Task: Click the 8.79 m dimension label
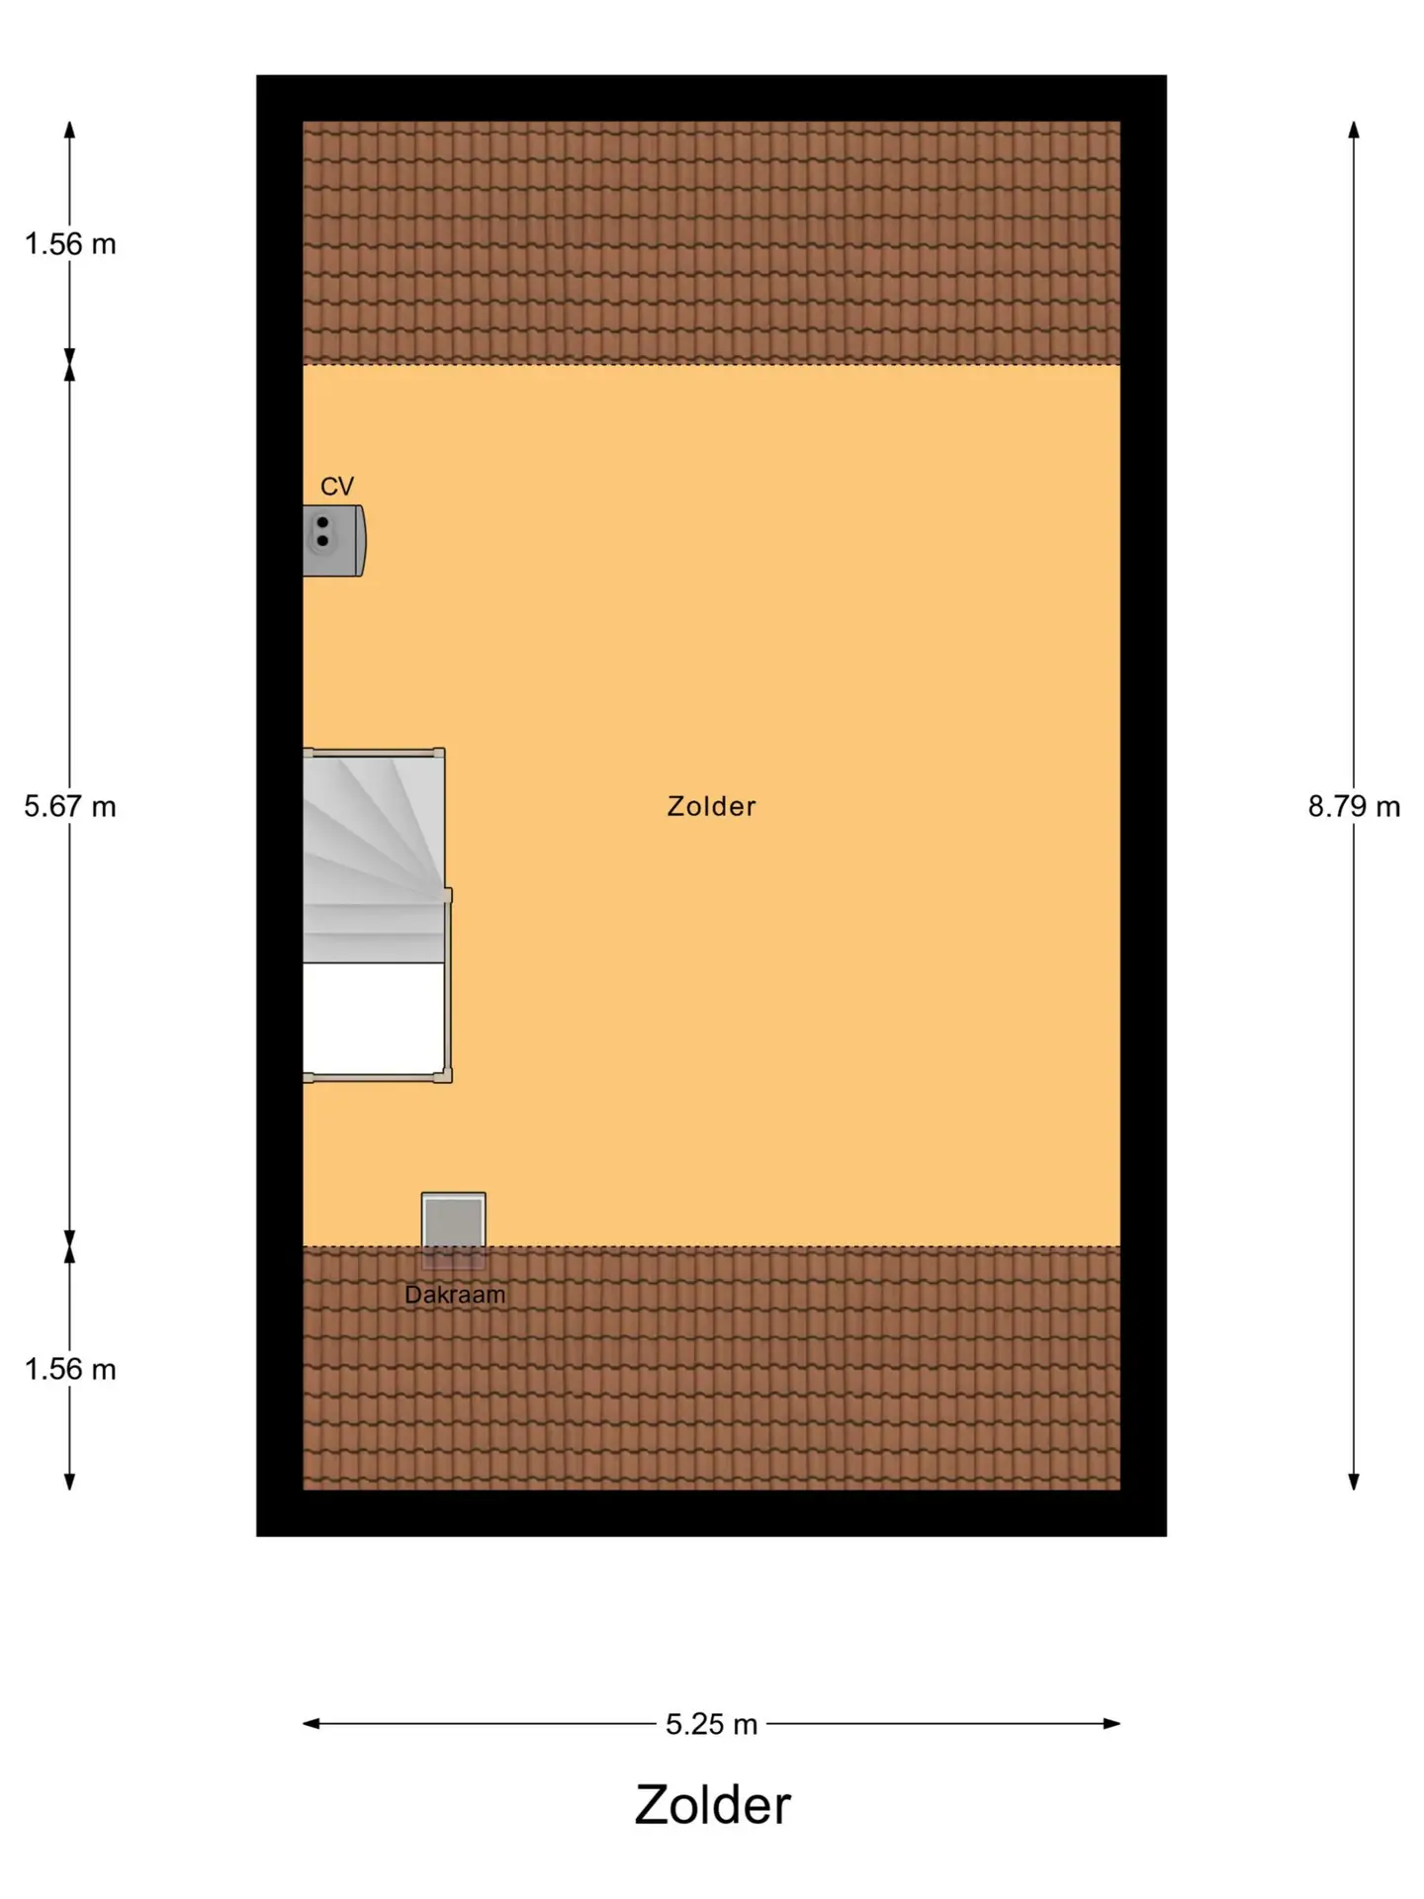(x=1354, y=807)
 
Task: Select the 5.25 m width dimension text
(x=711, y=1725)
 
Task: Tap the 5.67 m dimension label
(x=70, y=807)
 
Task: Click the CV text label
(x=337, y=487)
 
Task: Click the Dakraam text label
(x=455, y=1295)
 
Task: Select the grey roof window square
(x=454, y=1230)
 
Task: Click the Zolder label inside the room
(x=711, y=806)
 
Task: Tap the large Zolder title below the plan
(x=712, y=1805)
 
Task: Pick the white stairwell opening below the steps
(x=373, y=1018)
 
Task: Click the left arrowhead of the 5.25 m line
(x=311, y=1724)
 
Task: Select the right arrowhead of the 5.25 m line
(x=1112, y=1724)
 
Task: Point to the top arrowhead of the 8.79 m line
(x=1354, y=130)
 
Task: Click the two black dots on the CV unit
(x=322, y=531)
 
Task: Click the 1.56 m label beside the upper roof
(x=70, y=244)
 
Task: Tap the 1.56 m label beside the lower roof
(x=70, y=1370)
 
